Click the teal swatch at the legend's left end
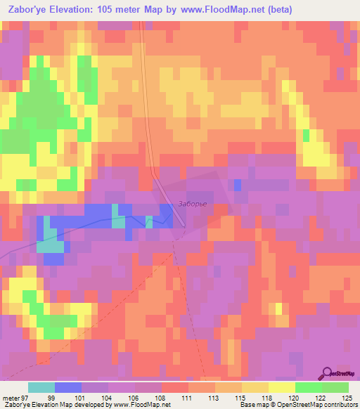pos(41,387)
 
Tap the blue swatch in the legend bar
pos(68,387)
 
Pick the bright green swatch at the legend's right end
pos(335,387)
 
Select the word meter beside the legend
pos(10,397)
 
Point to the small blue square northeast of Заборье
pos(238,184)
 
